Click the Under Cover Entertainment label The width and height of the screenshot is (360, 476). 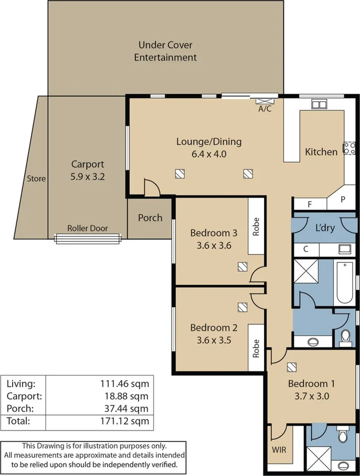click(165, 51)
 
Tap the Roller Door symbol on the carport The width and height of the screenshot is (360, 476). click(88, 239)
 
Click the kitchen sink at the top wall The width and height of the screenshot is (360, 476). click(319, 104)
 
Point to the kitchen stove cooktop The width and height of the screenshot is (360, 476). click(348, 149)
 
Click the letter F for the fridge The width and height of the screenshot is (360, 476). click(309, 205)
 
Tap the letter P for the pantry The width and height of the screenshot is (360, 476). click(343, 199)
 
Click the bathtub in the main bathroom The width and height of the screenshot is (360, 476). click(345, 283)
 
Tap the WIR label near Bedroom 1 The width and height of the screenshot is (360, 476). click(279, 450)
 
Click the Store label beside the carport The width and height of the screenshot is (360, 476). click(36, 178)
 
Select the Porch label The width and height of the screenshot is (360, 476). click(150, 217)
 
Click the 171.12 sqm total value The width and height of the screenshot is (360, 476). click(125, 421)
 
